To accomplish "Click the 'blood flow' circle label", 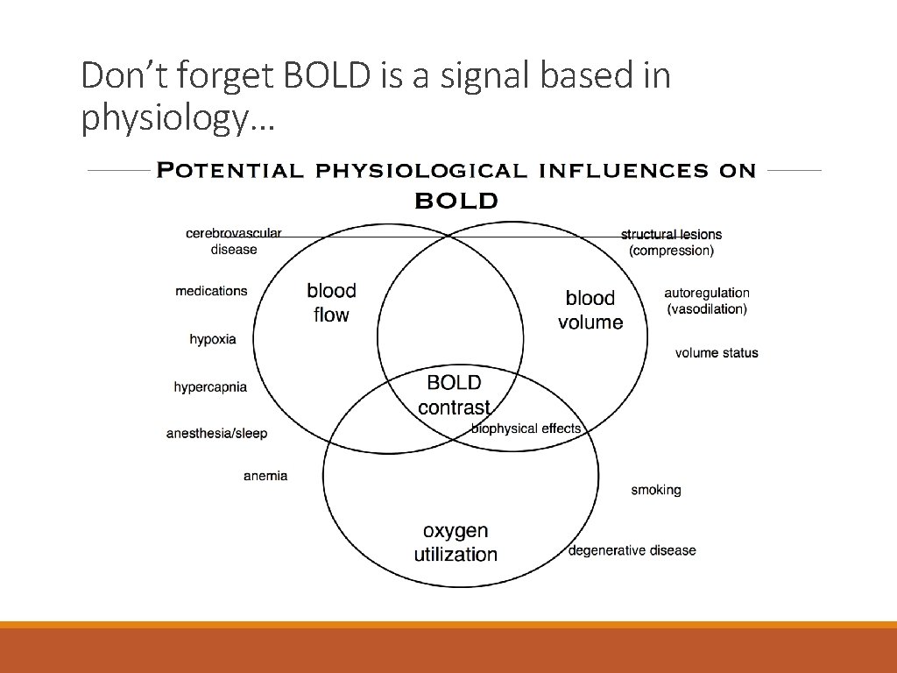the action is (331, 302).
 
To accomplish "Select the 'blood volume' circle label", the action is (590, 310).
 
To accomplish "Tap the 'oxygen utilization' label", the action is (456, 542).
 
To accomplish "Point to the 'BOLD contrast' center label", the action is (454, 395).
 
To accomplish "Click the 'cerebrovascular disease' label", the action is (234, 241).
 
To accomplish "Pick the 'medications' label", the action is (211, 291).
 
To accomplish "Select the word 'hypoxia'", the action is (213, 339).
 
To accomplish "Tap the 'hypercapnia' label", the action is (210, 386).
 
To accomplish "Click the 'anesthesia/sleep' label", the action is (216, 433).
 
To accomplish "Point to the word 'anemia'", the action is (265, 476).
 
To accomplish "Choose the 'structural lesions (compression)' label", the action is (671, 243).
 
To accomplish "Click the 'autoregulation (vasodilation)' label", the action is (707, 301).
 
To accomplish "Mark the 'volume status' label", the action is (717, 353).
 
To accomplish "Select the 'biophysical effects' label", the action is (526, 429).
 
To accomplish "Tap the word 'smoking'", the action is (656, 490).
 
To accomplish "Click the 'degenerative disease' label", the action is (632, 550).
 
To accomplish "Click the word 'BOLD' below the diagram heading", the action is (456, 201).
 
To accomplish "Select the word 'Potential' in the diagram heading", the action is (230, 171).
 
